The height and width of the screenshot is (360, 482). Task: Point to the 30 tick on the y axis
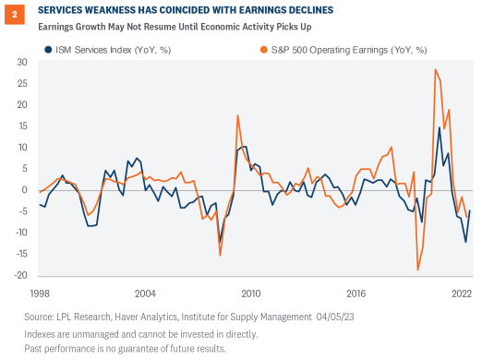coord(20,62)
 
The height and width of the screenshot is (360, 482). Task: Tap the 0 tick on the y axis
coord(24,190)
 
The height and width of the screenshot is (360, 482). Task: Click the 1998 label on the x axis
coord(38,292)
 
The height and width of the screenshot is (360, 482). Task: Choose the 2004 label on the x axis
coord(145,292)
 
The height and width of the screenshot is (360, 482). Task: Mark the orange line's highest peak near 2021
coord(435,69)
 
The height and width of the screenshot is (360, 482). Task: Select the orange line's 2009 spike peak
coord(238,115)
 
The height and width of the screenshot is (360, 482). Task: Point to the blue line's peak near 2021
coord(440,127)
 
